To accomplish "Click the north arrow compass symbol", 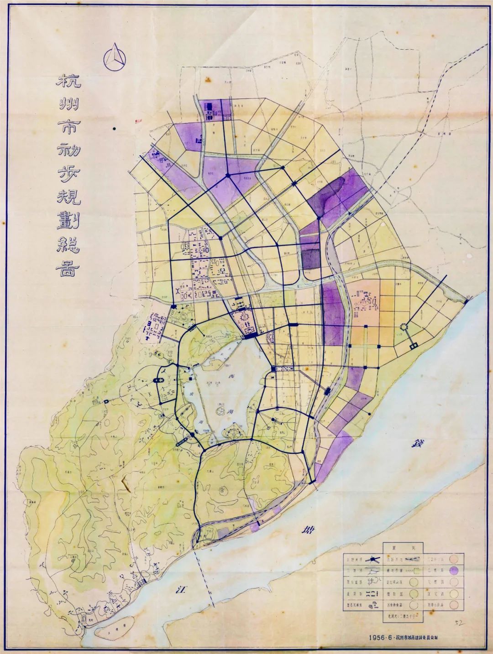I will (114, 57).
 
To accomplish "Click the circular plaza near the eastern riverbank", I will (403, 327).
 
